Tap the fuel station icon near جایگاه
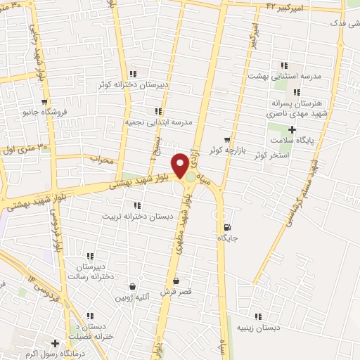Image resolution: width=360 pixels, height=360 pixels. (x=226, y=227)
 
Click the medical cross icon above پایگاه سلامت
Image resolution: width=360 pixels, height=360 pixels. (x=292, y=129)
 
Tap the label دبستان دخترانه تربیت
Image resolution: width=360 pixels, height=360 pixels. (x=136, y=217)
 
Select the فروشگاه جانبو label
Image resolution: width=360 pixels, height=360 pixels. (x=44, y=111)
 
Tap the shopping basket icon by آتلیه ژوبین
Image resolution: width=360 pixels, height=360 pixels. (x=132, y=287)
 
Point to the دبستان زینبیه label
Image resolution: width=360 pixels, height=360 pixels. (x=259, y=328)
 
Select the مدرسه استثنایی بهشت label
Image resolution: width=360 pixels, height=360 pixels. (x=285, y=75)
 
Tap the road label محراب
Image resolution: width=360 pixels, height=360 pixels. (x=101, y=159)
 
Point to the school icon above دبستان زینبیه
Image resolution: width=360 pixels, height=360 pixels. (x=259, y=317)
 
